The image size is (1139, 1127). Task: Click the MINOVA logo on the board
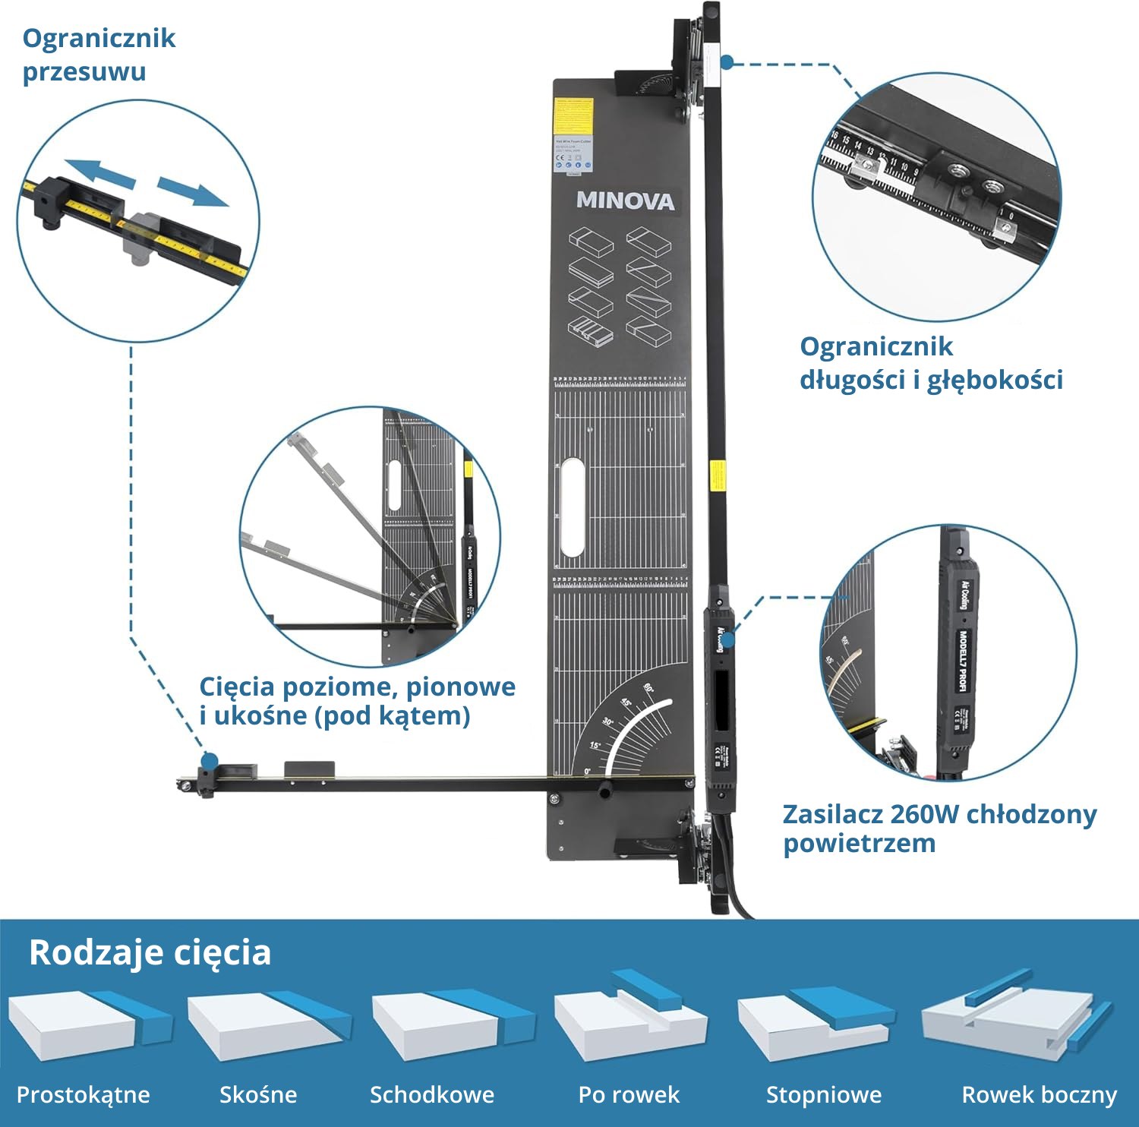[x=625, y=200]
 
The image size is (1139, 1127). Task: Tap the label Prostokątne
[x=84, y=1095]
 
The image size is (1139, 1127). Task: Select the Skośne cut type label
[x=258, y=1095]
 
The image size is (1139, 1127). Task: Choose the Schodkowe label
[x=432, y=1095]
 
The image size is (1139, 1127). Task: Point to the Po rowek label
[x=629, y=1095]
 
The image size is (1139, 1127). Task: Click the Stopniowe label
[x=824, y=1095]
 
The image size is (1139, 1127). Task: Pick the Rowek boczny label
[x=1040, y=1095]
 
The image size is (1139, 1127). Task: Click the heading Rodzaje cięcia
[x=150, y=952]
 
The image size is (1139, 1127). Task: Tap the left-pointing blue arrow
[x=99, y=172]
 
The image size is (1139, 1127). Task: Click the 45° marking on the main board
[x=627, y=702]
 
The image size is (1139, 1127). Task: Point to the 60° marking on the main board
[x=650, y=688]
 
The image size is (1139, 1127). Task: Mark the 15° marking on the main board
[x=595, y=745]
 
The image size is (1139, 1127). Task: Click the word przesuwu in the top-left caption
[x=84, y=72]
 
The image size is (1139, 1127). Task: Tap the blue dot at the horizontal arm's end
[x=210, y=760]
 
